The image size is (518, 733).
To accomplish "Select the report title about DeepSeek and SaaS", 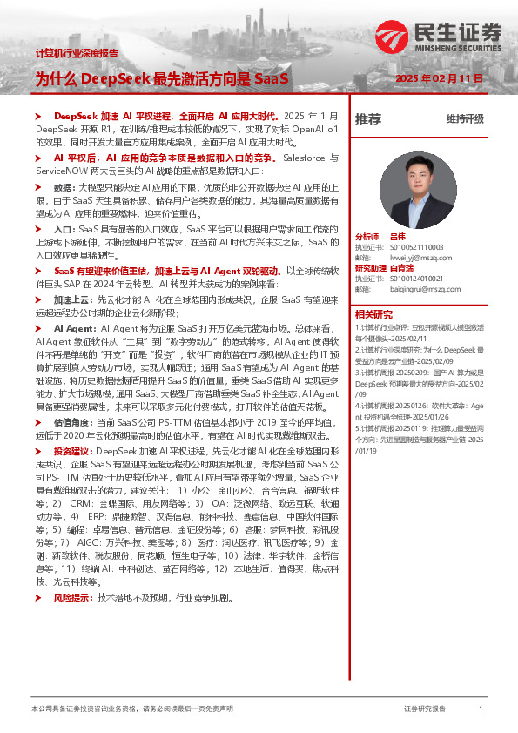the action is tap(161, 78).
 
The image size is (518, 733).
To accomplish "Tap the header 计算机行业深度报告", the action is tap(76, 53).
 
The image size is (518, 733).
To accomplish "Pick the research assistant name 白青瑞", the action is tap(401, 268).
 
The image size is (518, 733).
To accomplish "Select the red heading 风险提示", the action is tap(74, 574).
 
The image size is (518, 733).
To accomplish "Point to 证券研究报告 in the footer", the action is tap(425, 709).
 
